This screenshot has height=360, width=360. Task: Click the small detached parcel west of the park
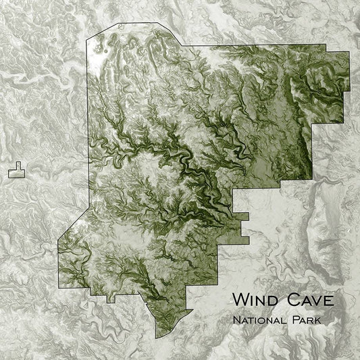[x=16, y=171]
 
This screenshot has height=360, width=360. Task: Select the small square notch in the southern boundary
[x=111, y=298]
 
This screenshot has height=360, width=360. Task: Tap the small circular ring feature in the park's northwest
[x=104, y=48]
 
